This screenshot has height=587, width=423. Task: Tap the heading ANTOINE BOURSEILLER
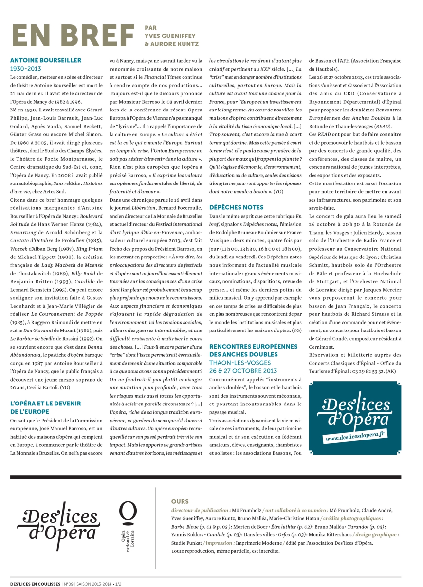click(x=46, y=60)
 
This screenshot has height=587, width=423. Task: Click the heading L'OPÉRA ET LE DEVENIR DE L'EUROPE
click(x=45, y=407)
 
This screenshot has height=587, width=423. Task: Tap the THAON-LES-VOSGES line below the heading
click(x=240, y=363)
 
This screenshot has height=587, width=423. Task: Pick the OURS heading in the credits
click(x=180, y=501)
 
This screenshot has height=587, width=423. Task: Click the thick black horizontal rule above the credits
click(x=211, y=477)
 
